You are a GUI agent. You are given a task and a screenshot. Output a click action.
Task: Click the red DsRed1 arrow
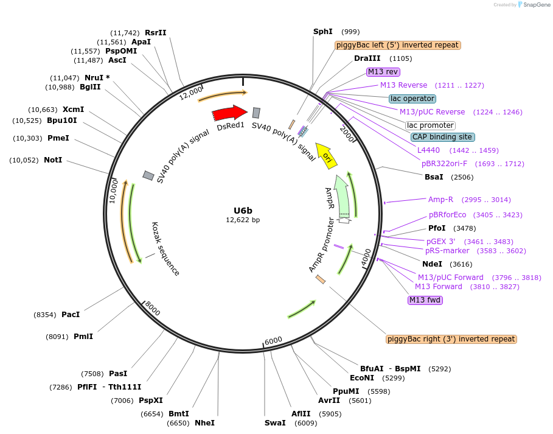pos(229,113)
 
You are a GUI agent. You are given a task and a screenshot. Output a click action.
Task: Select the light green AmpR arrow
pos(342,194)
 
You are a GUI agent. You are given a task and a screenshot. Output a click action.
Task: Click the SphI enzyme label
pos(323,32)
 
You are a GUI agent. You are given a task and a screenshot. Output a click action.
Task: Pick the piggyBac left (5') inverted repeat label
pos(397,45)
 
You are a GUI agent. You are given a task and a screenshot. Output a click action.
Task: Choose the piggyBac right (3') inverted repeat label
pos(451,339)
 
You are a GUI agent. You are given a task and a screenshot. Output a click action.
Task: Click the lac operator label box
pos(412,99)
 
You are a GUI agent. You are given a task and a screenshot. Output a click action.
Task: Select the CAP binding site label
pos(442,137)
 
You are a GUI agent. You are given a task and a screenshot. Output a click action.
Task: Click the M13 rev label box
pos(383,72)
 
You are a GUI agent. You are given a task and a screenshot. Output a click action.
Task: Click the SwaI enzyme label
pos(275,423)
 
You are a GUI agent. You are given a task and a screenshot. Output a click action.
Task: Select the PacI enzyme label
pos(71,315)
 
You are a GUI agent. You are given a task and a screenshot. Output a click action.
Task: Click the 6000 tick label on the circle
pos(274,340)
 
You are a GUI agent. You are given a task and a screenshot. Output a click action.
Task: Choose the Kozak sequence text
pos(165,248)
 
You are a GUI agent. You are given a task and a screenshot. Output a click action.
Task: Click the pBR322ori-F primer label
pos(447,164)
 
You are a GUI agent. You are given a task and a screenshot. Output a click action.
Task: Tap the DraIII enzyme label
pos(367,58)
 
